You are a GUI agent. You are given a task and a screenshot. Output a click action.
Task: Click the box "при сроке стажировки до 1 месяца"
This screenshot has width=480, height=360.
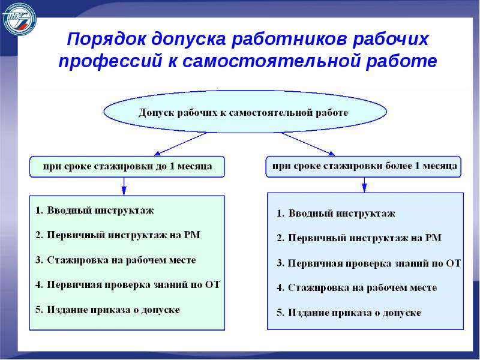click(127, 166)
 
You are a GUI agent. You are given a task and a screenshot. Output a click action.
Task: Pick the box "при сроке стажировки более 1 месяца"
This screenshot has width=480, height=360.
click(364, 166)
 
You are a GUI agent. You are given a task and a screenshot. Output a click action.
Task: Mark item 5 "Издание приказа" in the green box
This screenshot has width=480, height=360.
click(107, 310)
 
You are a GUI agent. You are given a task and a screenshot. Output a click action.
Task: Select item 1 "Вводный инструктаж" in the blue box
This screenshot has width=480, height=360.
click(335, 213)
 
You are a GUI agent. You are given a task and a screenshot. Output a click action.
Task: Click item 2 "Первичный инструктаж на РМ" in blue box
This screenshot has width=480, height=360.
click(359, 238)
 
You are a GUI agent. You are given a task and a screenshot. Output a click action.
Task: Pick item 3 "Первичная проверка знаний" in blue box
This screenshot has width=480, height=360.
click(368, 263)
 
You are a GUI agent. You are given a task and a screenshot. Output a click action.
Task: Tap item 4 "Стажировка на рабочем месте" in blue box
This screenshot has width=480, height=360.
click(356, 288)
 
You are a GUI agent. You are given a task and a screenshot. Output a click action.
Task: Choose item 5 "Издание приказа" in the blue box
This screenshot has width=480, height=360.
click(349, 313)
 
